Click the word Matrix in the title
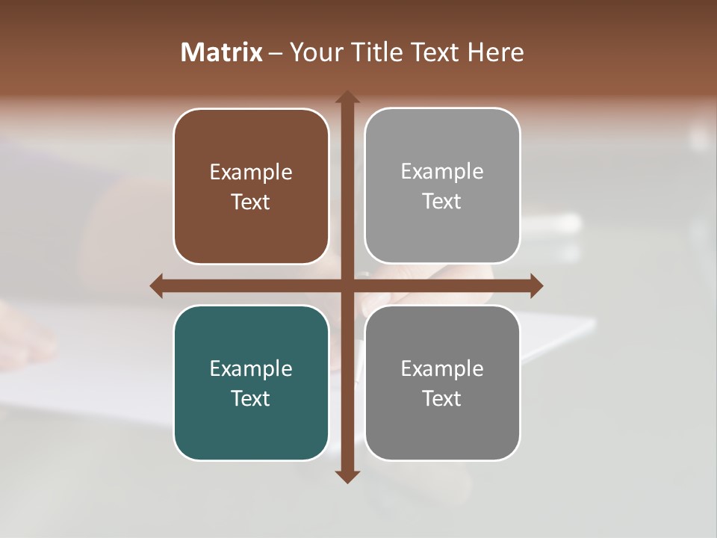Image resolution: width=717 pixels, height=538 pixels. (x=222, y=52)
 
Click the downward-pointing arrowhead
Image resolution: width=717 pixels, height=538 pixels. (x=347, y=476)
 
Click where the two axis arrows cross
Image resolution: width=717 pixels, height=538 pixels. (x=347, y=285)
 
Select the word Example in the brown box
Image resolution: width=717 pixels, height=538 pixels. (x=251, y=173)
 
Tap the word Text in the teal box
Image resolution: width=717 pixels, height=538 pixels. (x=251, y=399)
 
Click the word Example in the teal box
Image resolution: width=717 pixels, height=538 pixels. (x=251, y=369)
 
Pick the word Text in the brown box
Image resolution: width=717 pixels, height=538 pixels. (x=251, y=202)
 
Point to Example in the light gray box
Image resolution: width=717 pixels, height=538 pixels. (x=442, y=172)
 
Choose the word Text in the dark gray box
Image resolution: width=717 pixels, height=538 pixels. (x=442, y=399)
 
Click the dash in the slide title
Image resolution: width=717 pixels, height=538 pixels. (x=276, y=53)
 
